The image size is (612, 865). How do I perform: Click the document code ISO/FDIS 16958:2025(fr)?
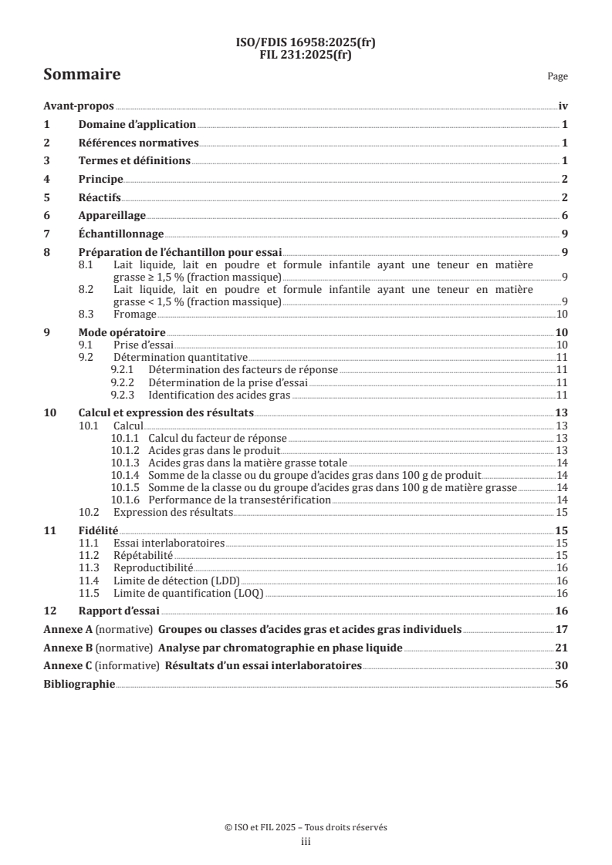click(x=306, y=42)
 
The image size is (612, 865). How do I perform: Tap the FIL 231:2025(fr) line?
click(x=306, y=53)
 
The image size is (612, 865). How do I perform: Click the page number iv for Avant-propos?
click(x=563, y=106)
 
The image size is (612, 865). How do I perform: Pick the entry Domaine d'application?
click(x=137, y=124)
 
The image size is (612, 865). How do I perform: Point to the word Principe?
click(x=101, y=179)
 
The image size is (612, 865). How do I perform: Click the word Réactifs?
click(x=100, y=197)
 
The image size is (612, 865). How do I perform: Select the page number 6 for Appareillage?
click(x=565, y=216)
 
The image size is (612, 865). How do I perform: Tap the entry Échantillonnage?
click(x=121, y=234)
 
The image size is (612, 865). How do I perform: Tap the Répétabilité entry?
click(x=143, y=555)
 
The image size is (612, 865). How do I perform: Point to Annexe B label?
click(x=67, y=648)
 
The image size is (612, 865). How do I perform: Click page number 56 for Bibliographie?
click(x=561, y=684)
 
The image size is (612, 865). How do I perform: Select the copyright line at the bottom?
click(x=306, y=827)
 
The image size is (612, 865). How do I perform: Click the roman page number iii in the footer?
click(x=306, y=842)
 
